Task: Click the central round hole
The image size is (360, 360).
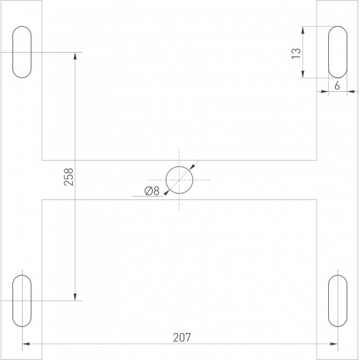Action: (179, 179)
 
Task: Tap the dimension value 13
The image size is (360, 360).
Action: (295, 53)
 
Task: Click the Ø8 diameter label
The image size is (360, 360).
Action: (152, 192)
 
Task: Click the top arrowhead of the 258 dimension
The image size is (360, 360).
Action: (74, 56)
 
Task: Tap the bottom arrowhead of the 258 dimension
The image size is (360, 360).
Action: (74, 297)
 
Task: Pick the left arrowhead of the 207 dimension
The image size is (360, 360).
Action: (27, 344)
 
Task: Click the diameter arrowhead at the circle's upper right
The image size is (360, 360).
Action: (192, 166)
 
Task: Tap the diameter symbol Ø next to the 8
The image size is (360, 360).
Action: (148, 192)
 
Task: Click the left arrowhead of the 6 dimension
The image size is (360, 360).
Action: (325, 91)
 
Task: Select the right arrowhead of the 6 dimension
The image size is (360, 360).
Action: (350, 91)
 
